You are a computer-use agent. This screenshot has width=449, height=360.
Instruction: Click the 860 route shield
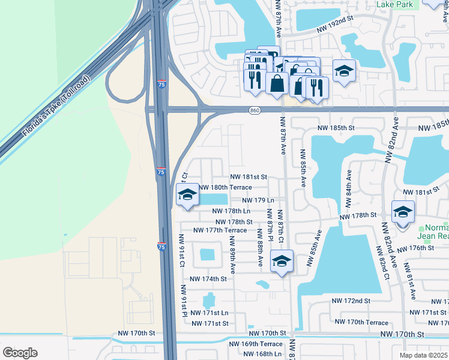click(255, 110)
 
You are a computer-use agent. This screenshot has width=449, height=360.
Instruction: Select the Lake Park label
click(396, 5)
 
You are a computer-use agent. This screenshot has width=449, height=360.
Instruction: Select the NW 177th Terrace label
click(220, 230)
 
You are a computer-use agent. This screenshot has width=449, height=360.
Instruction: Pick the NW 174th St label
click(208, 279)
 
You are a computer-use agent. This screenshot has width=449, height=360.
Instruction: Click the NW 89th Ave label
click(232, 254)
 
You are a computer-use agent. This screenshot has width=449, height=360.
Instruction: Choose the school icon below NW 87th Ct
click(282, 261)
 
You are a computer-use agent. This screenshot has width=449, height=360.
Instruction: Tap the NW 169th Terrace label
click(256, 344)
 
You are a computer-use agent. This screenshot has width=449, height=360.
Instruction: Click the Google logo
click(20, 352)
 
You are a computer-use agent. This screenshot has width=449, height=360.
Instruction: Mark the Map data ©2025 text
click(424, 355)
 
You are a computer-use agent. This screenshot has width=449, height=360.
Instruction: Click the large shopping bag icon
click(277, 83)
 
